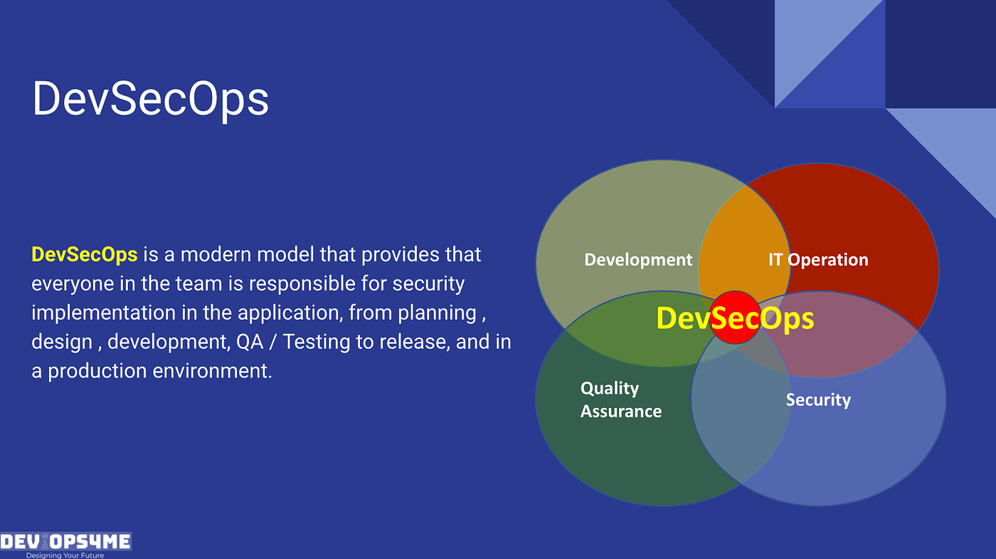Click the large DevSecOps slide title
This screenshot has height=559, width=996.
pyautogui.click(x=150, y=99)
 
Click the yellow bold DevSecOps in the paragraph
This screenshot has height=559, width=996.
pyautogui.click(x=84, y=254)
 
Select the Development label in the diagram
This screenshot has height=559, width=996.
pyautogui.click(x=638, y=260)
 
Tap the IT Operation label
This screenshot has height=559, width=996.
pyautogui.click(x=818, y=260)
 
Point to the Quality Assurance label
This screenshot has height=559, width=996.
pyautogui.click(x=620, y=399)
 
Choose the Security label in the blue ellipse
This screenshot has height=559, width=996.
pyautogui.click(x=818, y=399)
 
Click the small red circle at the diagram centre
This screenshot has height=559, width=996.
pyautogui.click(x=736, y=318)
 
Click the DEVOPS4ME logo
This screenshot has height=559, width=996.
pyautogui.click(x=65, y=542)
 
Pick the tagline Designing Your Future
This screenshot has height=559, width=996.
pyautogui.click(x=65, y=555)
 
